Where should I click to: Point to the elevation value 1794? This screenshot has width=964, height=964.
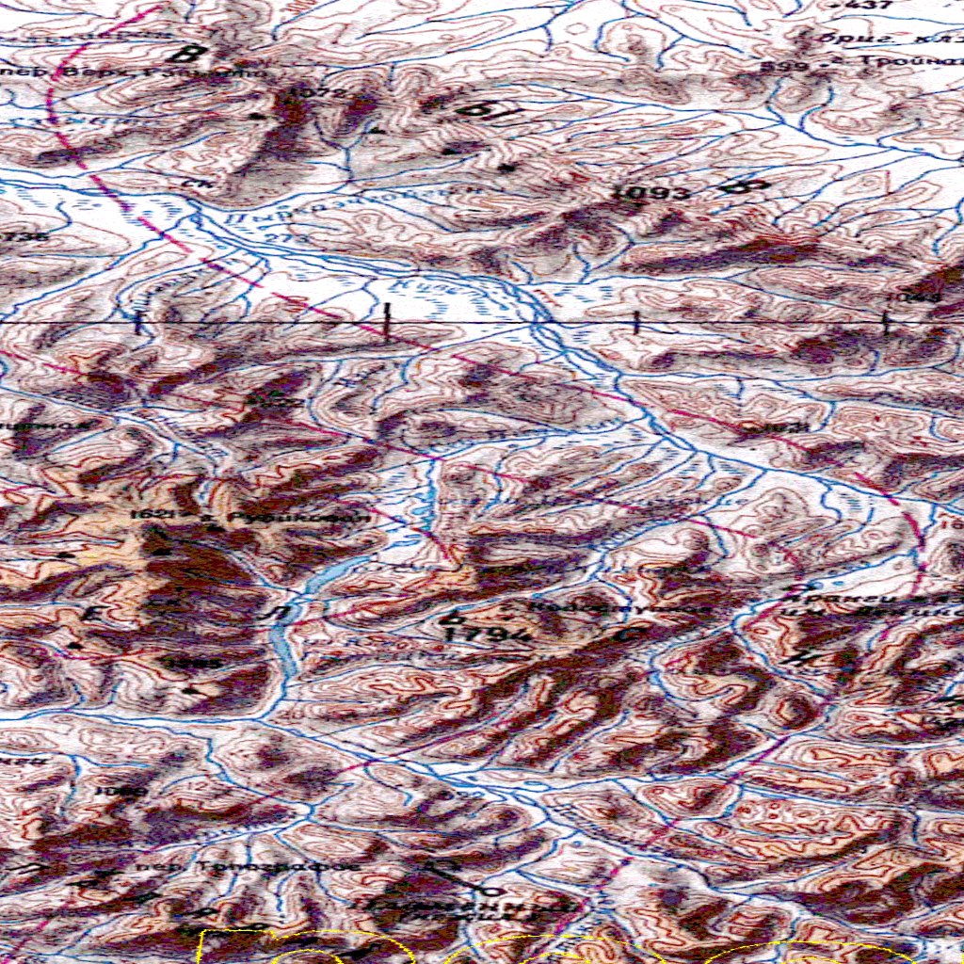pyautogui.click(x=476, y=635)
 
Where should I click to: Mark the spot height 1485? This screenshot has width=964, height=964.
pyautogui.click(x=190, y=663)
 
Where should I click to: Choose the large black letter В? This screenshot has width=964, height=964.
pyautogui.click(x=195, y=52)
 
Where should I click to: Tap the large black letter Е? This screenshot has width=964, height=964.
pyautogui.click(x=92, y=614)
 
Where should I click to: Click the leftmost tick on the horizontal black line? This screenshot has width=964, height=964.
pyautogui.click(x=139, y=323)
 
